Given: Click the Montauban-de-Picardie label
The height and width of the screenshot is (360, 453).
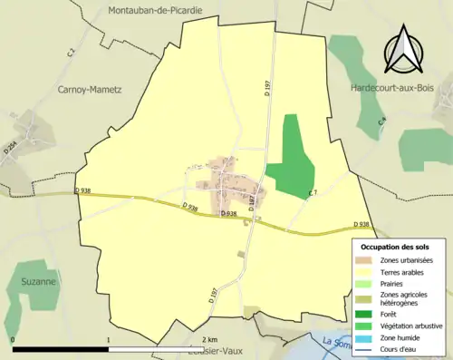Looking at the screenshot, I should (x=155, y=10).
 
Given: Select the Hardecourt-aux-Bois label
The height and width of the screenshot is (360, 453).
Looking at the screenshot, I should (x=395, y=88).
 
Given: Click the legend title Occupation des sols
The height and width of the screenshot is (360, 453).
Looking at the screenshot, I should (x=396, y=247).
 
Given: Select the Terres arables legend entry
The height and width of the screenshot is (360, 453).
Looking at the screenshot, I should (x=406, y=271).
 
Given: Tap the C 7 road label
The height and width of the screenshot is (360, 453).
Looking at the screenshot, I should (x=313, y=192).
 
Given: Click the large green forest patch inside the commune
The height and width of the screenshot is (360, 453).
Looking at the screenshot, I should (x=291, y=161).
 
